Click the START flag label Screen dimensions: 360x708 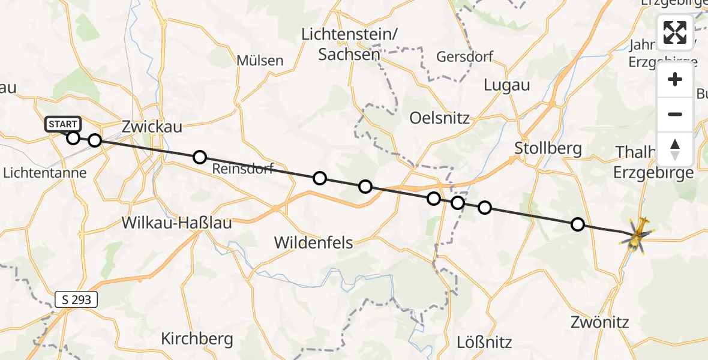pyautogui.click(x=62, y=124)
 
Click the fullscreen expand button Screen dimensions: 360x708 pyautogui.click(x=675, y=32)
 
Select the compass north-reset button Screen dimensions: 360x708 pyautogui.click(x=675, y=149)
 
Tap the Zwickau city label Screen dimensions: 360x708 pyautogui.click(x=152, y=127)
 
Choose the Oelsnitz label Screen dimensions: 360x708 pyautogui.click(x=440, y=117)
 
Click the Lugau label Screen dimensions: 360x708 pyautogui.click(x=506, y=85)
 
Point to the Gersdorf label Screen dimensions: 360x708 pyautogui.click(x=465, y=57)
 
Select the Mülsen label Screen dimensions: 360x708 pyautogui.click(x=260, y=60)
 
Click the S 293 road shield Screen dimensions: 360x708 pyautogui.click(x=76, y=299)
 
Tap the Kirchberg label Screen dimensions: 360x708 pyautogui.click(x=197, y=339)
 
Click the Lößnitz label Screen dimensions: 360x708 pyautogui.click(x=484, y=343)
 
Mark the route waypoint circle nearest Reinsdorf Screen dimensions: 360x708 pyautogui.click(x=200, y=157)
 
